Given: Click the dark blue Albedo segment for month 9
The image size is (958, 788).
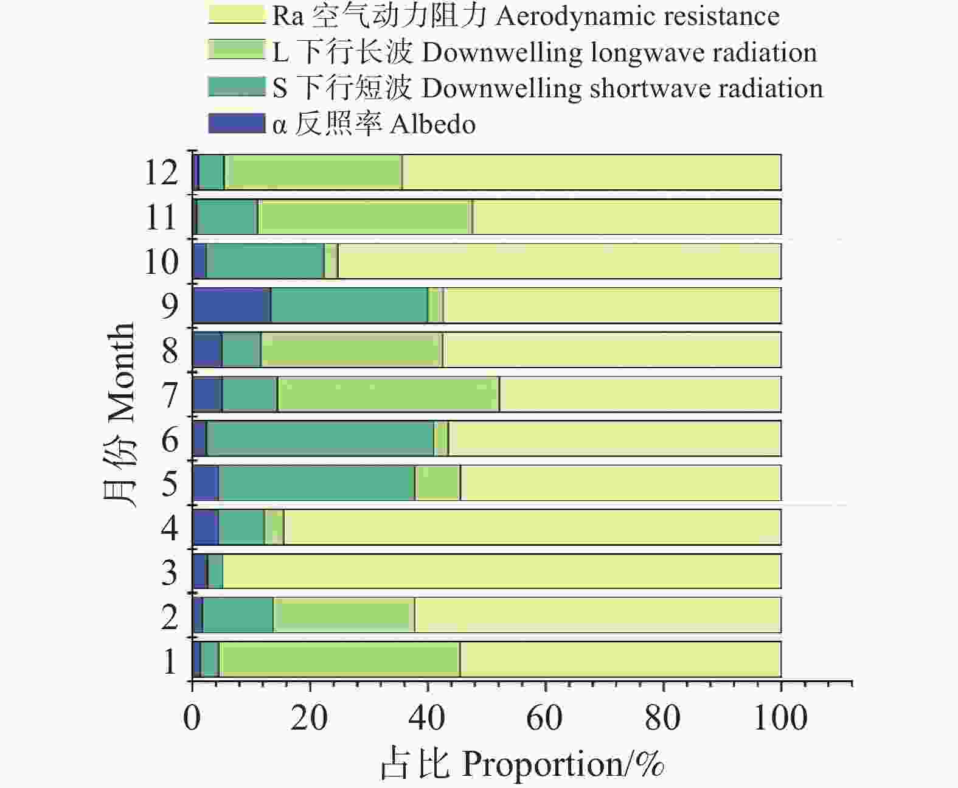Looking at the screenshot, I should (x=232, y=305).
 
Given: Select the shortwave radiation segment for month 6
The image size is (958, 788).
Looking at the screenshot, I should (x=321, y=438).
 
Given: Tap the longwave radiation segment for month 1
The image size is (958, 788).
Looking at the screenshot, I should (x=339, y=659).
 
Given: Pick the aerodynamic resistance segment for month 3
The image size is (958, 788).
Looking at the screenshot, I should (x=502, y=571).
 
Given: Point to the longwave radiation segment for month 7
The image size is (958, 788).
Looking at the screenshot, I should (x=388, y=394).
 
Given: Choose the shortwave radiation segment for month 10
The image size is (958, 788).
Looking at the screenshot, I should (x=265, y=261).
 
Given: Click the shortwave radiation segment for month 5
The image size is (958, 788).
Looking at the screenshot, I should (x=317, y=483).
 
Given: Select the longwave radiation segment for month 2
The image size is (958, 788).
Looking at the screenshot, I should (x=344, y=615).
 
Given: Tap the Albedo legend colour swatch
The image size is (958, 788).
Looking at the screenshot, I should (x=237, y=123).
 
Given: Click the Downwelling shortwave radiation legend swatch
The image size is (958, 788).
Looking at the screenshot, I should (x=237, y=87).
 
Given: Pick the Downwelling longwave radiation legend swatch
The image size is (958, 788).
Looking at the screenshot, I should (x=237, y=51).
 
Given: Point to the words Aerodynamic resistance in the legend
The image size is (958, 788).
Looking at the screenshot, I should (x=637, y=16).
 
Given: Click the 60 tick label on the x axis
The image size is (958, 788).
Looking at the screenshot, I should (x=544, y=719).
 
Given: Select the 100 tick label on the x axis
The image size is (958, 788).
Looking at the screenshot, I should (x=780, y=719).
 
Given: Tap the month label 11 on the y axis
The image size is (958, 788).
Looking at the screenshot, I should (x=161, y=217).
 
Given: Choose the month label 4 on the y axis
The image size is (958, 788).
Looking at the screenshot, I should (x=170, y=528).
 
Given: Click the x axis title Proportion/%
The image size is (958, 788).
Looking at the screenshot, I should (x=563, y=764).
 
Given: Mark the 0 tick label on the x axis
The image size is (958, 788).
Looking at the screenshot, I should (x=192, y=719).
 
